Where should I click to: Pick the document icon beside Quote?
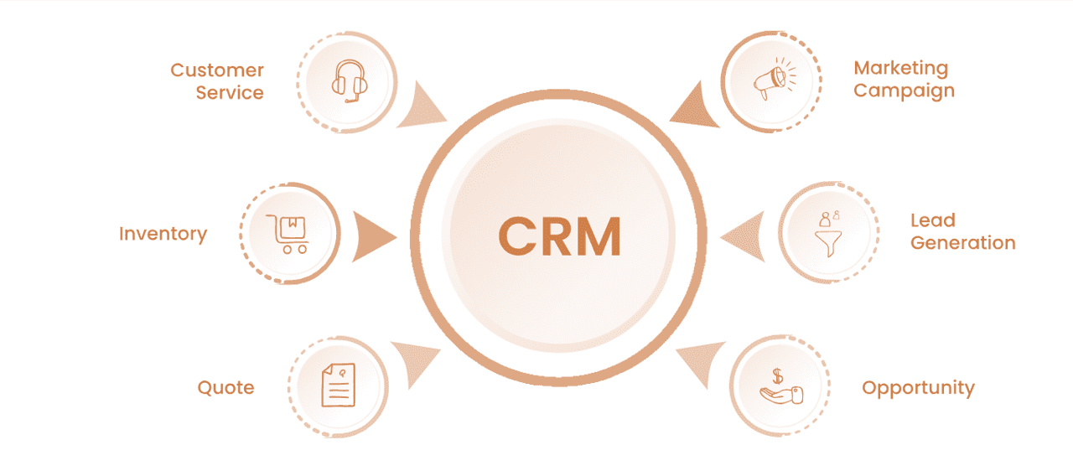click(338, 386)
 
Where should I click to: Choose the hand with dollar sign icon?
click(779, 386)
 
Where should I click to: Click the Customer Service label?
click(218, 81)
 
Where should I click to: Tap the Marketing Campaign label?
click(904, 79)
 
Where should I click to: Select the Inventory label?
click(163, 233)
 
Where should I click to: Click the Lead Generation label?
click(962, 231)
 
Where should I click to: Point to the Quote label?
click(225, 387)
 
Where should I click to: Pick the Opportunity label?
click(918, 388)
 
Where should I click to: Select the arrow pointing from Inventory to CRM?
click(373, 236)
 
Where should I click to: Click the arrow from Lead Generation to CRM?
click(745, 236)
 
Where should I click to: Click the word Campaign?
click(904, 91)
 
